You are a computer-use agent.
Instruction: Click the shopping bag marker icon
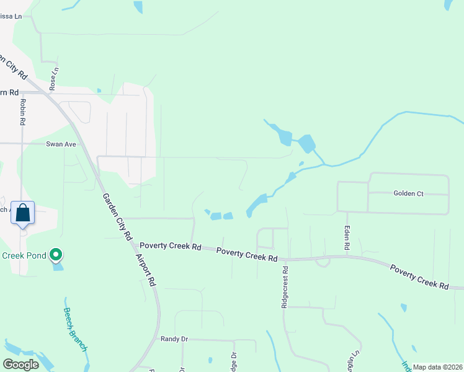[23, 213]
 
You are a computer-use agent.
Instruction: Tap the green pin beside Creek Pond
[56, 255]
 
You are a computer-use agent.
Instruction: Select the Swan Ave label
[61, 144]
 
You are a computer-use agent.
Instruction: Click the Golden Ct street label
[408, 193]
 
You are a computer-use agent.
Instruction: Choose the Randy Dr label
[174, 339]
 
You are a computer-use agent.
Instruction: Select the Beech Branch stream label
[75, 329]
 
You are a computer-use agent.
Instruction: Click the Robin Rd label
[22, 112]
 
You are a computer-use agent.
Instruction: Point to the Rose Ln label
[55, 79]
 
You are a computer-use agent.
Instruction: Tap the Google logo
[20, 364]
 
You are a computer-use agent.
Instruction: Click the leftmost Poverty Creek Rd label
[171, 246]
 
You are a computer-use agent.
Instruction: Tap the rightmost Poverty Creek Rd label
[419, 277]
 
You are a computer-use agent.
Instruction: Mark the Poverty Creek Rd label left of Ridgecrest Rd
[246, 254]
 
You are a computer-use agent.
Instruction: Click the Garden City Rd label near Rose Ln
[14, 67]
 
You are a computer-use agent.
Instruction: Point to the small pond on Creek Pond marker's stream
[58, 267]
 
